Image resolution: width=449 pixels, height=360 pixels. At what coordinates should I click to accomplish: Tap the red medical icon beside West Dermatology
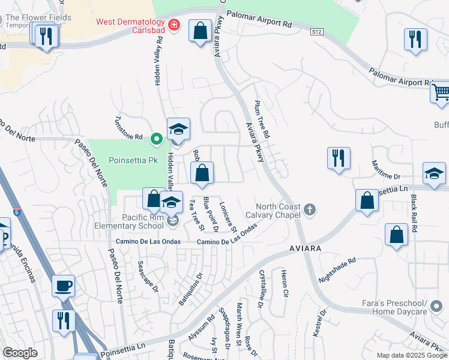tap(174, 25)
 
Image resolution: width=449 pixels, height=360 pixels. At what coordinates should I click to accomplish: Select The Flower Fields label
tap(37, 18)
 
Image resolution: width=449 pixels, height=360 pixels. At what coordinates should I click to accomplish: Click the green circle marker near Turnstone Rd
tap(157, 139)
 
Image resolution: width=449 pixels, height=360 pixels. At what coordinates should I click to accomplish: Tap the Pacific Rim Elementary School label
tap(128, 221)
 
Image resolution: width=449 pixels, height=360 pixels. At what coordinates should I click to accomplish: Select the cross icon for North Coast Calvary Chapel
tap(309, 209)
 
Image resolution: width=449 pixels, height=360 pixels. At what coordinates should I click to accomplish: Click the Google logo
tap(20, 353)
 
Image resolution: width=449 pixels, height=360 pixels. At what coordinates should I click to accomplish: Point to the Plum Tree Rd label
tap(262, 121)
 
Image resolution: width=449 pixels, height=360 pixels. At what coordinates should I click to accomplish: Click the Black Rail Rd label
tap(414, 214)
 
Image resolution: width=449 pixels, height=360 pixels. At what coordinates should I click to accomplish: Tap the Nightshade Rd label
tap(337, 270)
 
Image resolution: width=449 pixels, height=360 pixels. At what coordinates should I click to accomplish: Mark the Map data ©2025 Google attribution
tap(412, 355)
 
